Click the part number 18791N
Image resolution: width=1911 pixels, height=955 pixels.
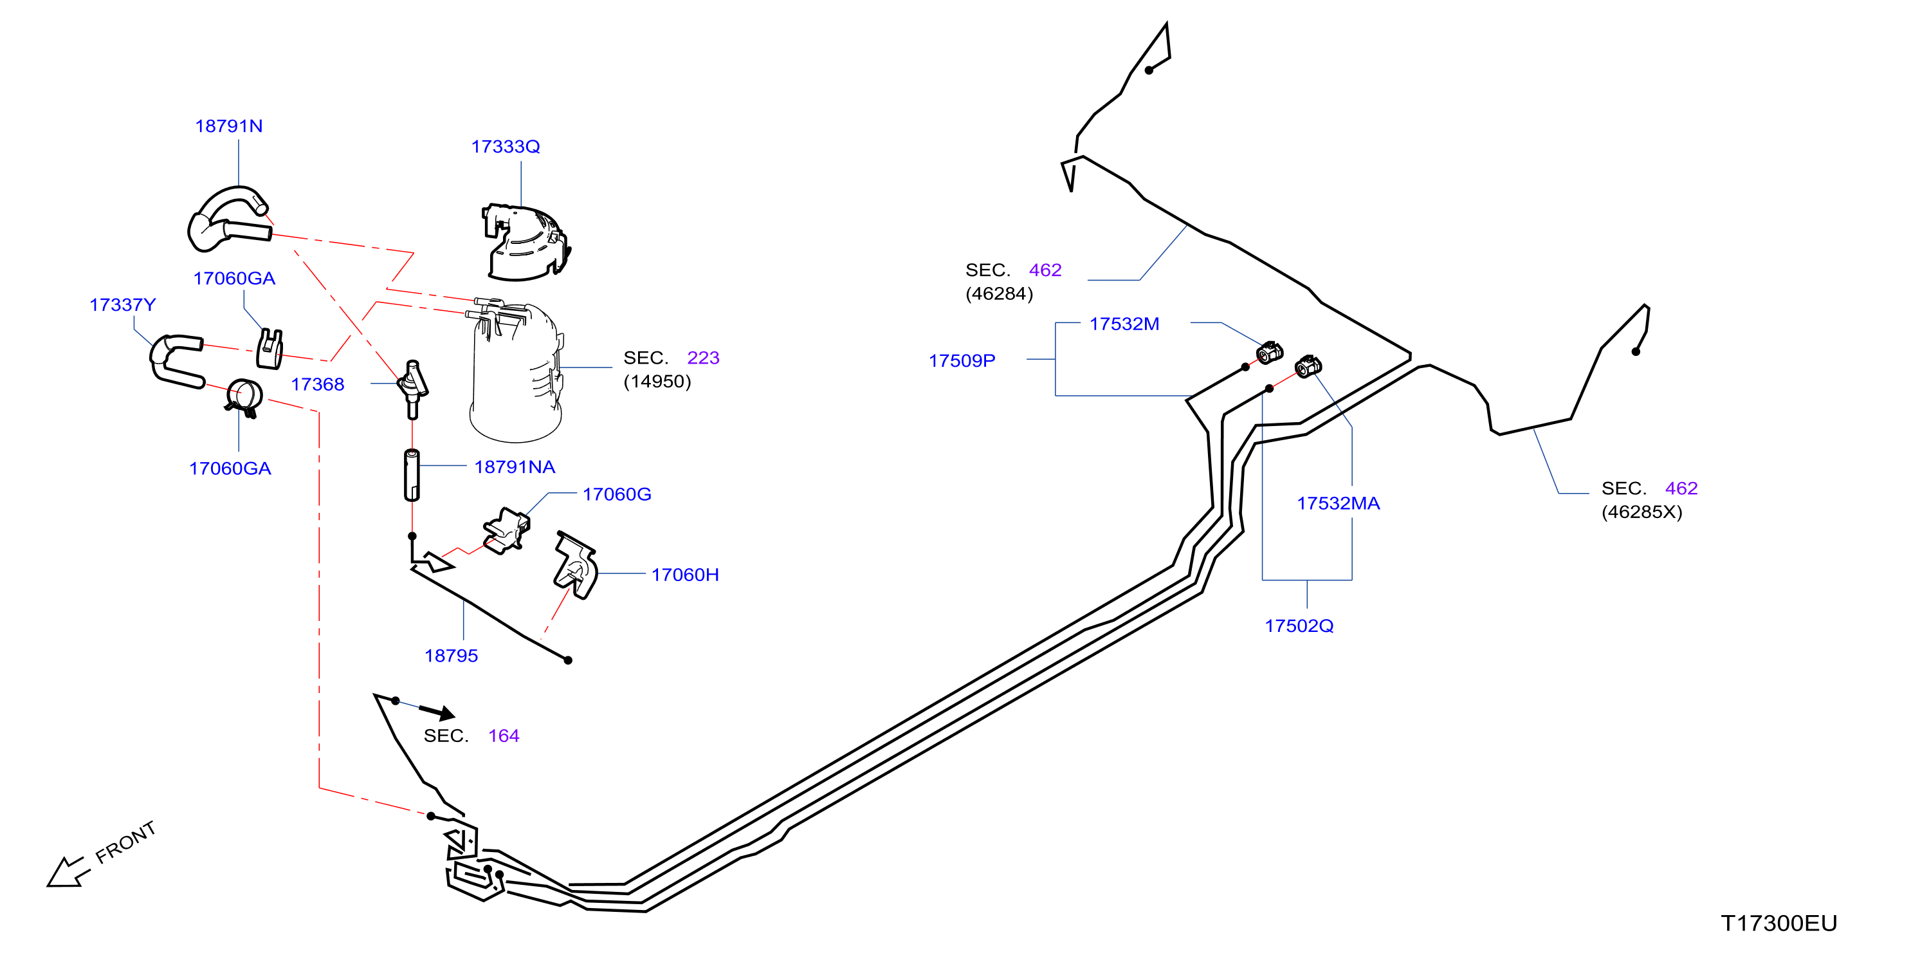pos(228,126)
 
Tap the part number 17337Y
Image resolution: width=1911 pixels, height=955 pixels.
pos(122,305)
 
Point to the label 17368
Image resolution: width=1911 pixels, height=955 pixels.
pos(318,384)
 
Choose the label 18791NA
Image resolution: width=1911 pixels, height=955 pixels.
pos(515,467)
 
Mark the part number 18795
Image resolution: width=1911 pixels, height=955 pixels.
pos(451,656)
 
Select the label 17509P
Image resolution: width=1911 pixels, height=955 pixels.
pos(962,360)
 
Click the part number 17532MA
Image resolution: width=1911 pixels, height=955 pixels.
pos(1339,503)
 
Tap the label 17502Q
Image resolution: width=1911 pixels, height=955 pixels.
pos(1299,626)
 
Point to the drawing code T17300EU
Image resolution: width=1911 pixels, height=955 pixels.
pos(1779,923)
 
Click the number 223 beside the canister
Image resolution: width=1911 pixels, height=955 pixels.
pos(703,358)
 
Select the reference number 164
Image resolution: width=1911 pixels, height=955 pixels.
pos(504,736)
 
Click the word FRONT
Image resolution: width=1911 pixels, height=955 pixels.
pos(125,842)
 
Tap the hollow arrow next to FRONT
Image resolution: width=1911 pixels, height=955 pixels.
pos(67,873)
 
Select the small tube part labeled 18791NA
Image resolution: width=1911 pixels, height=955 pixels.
pos(412,475)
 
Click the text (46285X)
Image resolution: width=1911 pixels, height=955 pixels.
pos(1641,512)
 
